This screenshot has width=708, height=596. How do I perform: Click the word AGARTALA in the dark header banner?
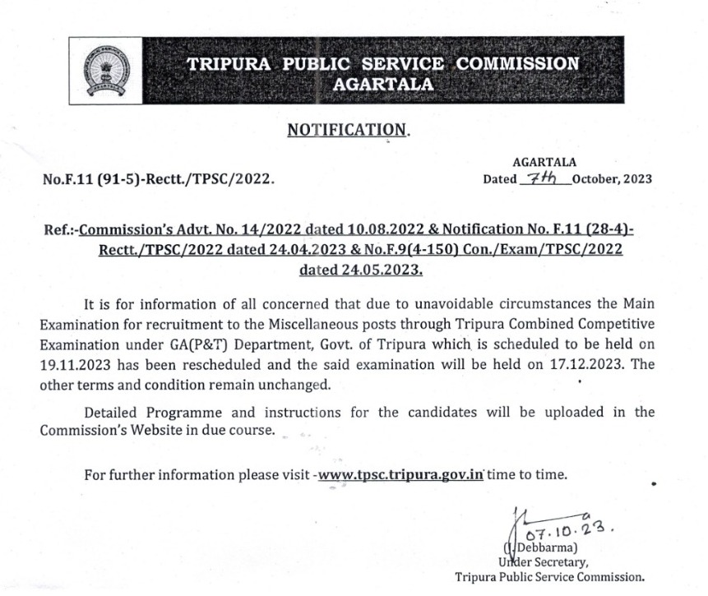pos(383,83)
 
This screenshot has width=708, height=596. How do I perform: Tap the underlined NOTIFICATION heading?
pos(346,130)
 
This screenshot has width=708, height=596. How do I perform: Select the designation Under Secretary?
pos(543,561)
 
